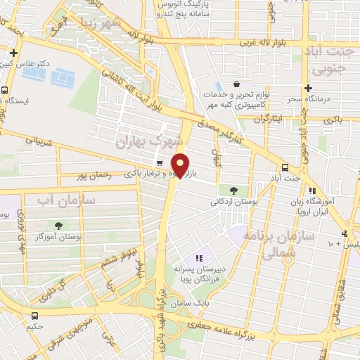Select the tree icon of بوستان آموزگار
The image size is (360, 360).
pyautogui.click(x=58, y=226)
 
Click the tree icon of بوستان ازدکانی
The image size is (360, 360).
pyautogui.click(x=233, y=190)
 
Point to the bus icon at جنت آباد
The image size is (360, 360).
pyautogui.click(x=285, y=167)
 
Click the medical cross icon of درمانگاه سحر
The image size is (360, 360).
pyautogui.click(x=308, y=88)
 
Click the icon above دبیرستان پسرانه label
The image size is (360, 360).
pyautogui.click(x=198, y=259)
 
